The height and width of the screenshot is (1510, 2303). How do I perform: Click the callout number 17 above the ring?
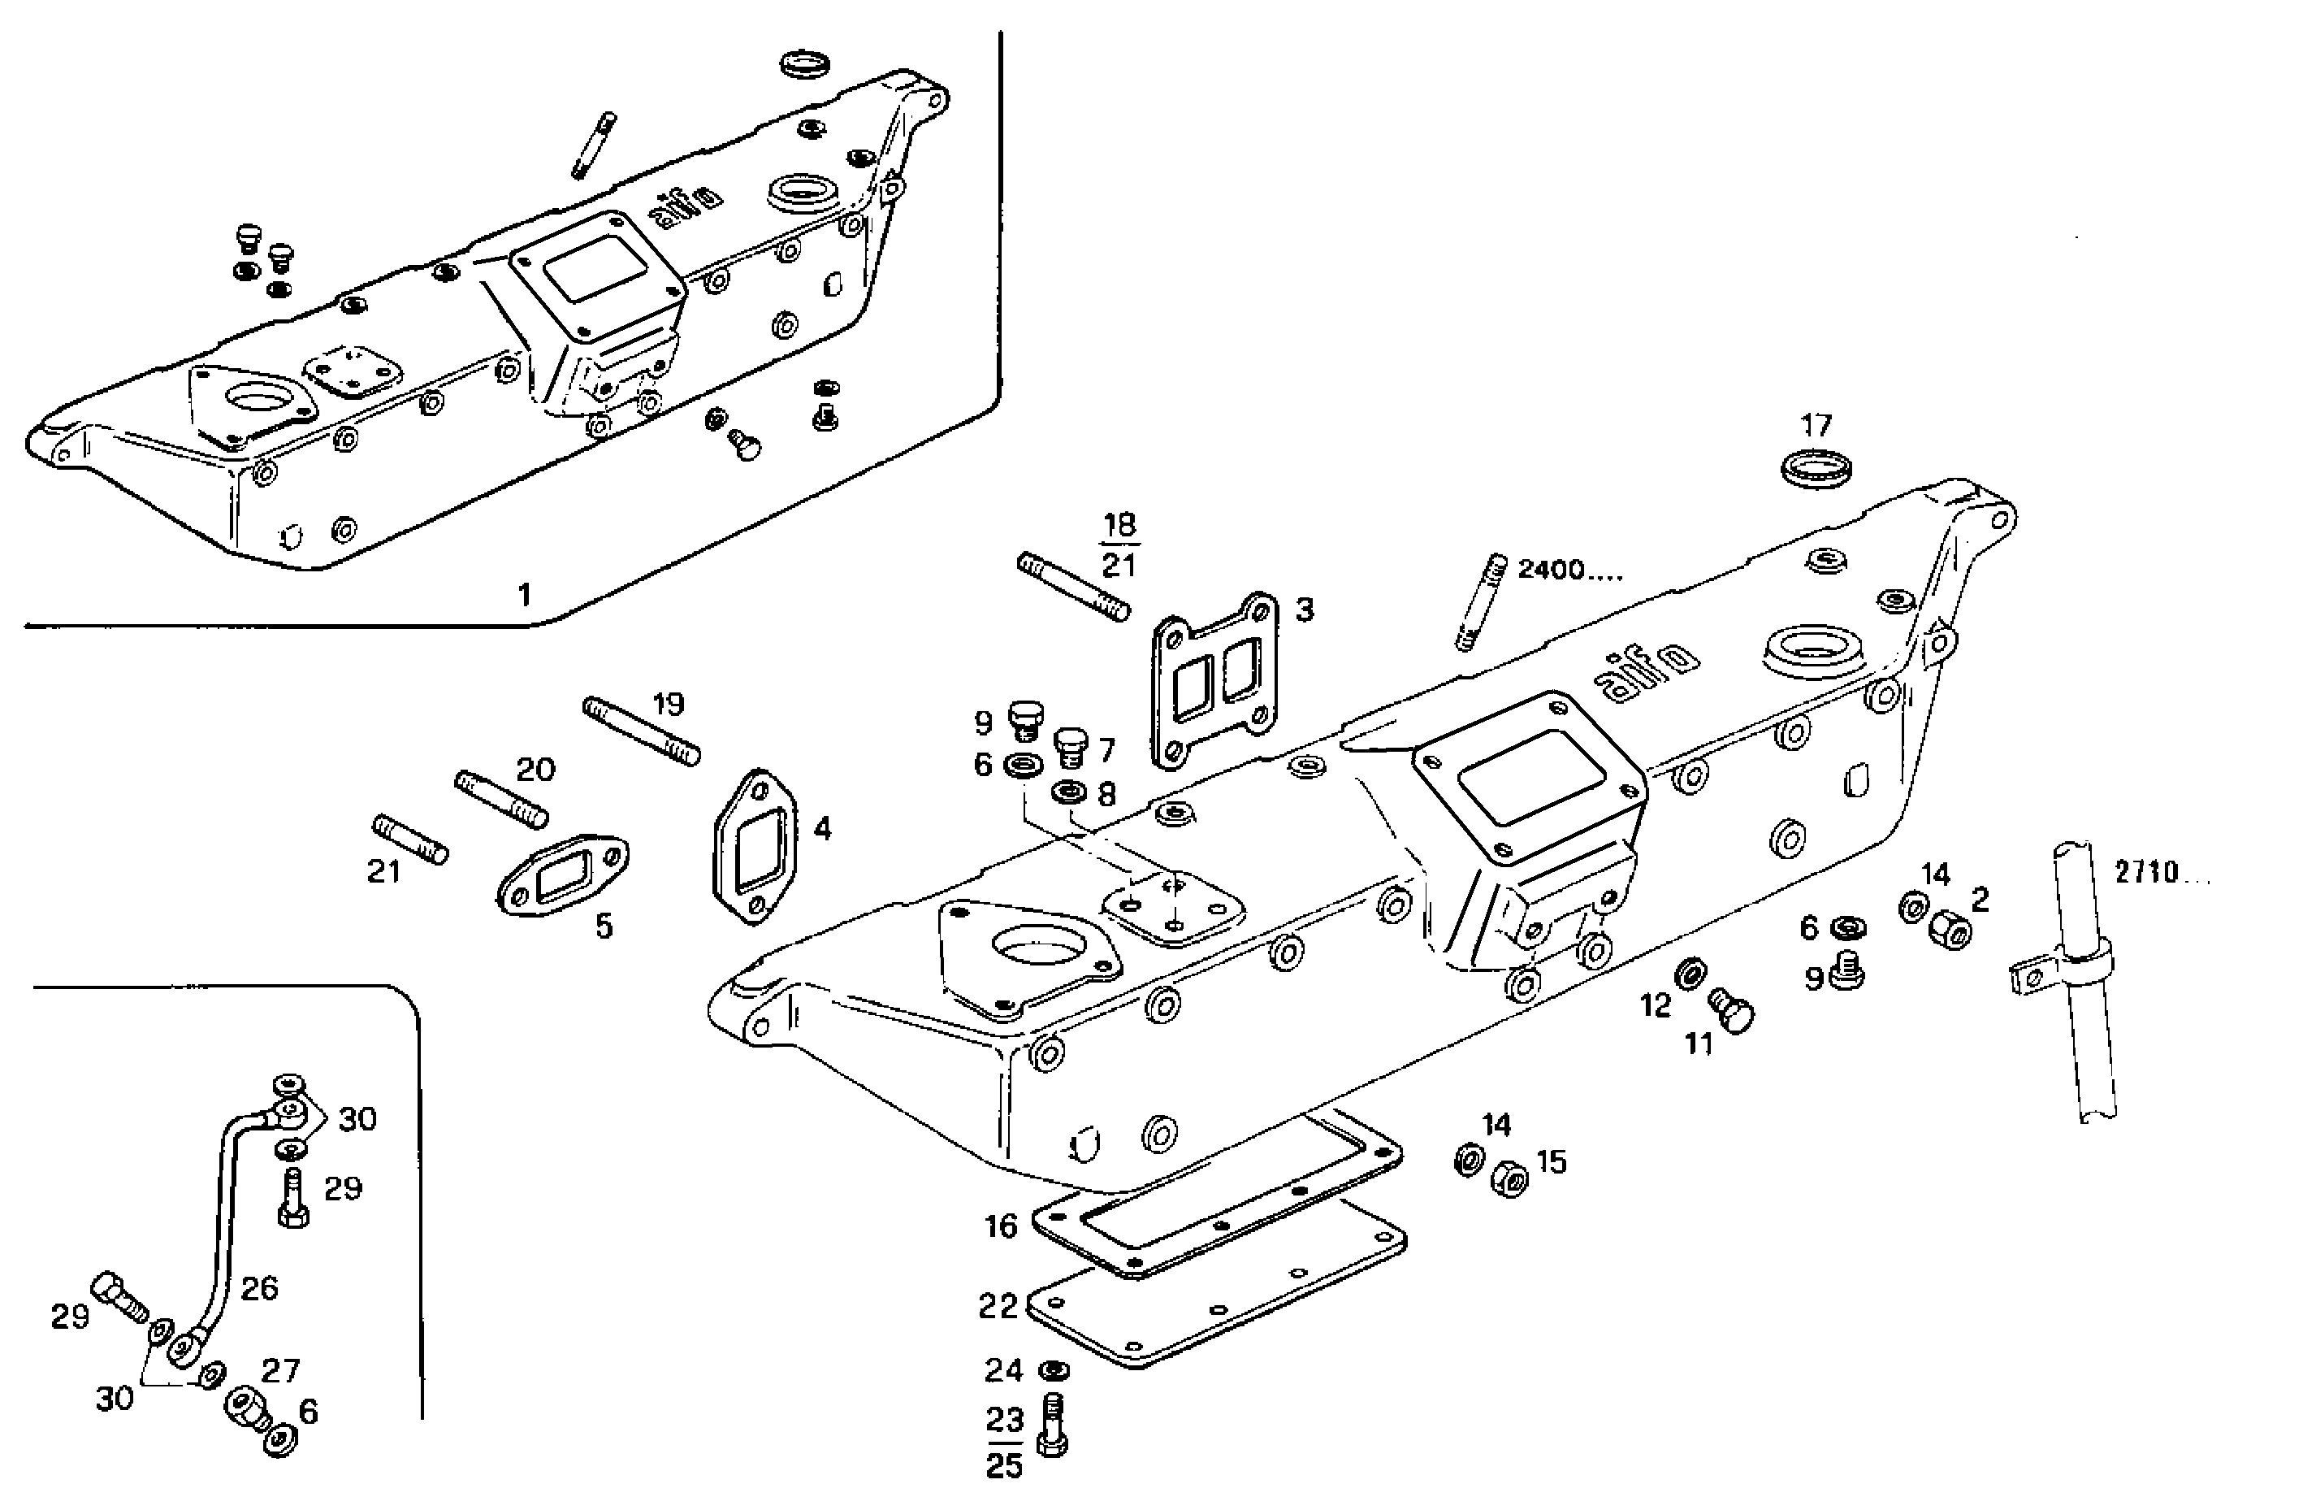pos(1816,425)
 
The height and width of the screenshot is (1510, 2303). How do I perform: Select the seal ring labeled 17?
pos(1816,467)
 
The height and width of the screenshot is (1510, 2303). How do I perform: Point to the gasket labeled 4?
pos(755,846)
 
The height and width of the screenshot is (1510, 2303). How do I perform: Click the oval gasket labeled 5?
pos(562,874)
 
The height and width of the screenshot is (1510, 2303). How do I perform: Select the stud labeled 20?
pos(501,799)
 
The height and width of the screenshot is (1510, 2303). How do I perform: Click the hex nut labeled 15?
pos(1509,1178)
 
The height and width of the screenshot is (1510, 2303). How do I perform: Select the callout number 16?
pos(1001,1226)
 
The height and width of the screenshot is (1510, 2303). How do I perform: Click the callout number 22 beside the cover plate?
pos(998,1307)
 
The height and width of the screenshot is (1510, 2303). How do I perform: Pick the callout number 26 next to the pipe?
pos(258,1287)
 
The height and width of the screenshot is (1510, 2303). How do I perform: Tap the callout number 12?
pos(1656,1005)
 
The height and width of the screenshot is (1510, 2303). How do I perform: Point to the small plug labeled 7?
pos(1070,746)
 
